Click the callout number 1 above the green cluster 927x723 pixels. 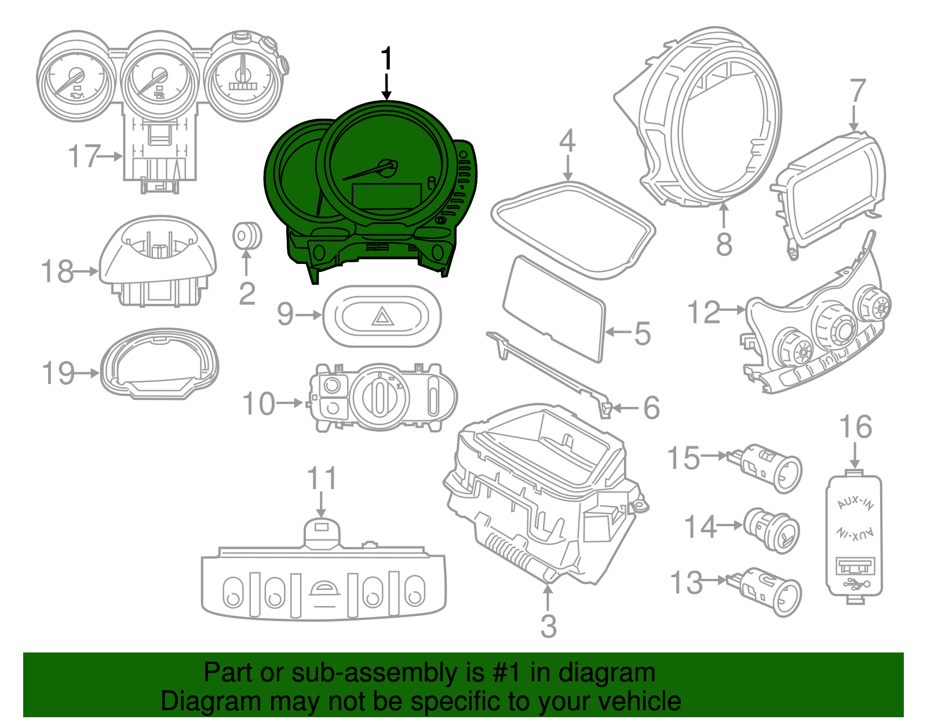click(386, 60)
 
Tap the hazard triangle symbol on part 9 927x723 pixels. click(382, 317)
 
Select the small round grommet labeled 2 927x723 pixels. click(247, 236)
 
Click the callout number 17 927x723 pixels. click(85, 156)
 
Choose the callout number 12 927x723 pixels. click(703, 313)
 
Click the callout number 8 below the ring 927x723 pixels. click(724, 244)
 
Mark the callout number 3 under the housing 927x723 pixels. click(548, 626)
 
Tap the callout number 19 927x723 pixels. click(59, 373)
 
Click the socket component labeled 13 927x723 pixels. click(771, 590)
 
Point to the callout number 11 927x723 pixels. click(322, 479)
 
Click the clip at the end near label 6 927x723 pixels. click(605, 409)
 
